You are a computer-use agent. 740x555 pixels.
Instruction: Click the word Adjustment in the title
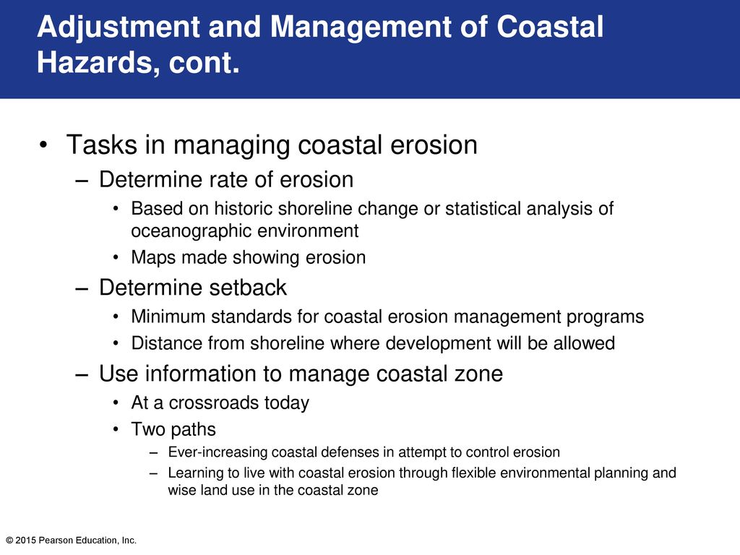point(119,27)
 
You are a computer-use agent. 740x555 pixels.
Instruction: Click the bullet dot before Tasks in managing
point(43,145)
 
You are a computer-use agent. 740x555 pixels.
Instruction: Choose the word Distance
point(164,343)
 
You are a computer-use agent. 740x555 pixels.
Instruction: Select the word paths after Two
point(194,429)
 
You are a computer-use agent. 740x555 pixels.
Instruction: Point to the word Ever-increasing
point(218,452)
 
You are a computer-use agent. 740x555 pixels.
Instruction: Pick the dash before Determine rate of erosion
point(82,181)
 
